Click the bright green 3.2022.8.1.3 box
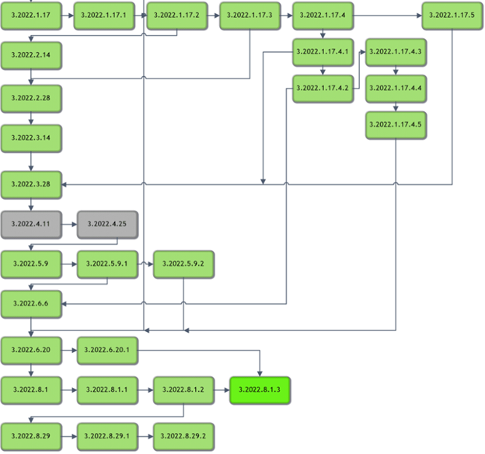(260, 389)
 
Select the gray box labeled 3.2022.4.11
(30, 223)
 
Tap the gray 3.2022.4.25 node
(106, 223)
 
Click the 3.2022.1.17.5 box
(453, 15)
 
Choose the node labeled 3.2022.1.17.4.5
(396, 124)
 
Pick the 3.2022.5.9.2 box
(183, 264)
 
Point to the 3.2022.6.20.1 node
(106, 350)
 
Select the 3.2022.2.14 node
(30, 56)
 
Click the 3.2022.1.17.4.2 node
(323, 88)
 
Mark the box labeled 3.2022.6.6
(30, 303)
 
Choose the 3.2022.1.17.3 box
(249, 15)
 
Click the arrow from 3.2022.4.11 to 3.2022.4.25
(68, 223)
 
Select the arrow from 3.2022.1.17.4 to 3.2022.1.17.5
(388, 15)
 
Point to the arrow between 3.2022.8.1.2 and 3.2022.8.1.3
(222, 389)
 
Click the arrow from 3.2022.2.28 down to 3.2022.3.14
(30, 118)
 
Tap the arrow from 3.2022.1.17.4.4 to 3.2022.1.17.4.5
(396, 107)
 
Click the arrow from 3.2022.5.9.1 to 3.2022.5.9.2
(145, 264)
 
